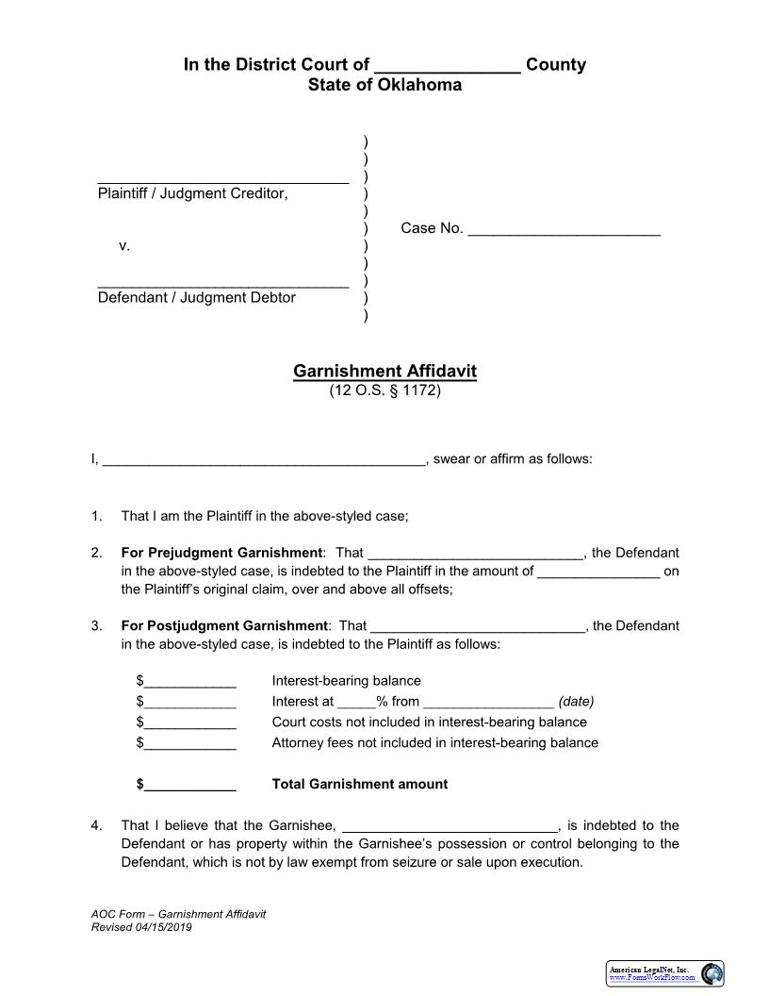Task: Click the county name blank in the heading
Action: [x=448, y=66]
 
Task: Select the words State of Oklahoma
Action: [x=384, y=85]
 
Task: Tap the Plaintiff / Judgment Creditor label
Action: [x=192, y=193]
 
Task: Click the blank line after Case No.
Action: [x=564, y=229]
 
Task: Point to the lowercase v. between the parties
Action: [x=124, y=245]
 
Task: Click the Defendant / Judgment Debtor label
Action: [x=197, y=298]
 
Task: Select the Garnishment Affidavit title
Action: [x=384, y=371]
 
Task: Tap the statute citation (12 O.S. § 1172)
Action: [x=384, y=390]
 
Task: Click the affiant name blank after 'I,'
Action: [x=263, y=460]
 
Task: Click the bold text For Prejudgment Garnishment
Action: [x=221, y=553]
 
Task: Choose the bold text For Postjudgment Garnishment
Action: [x=224, y=625]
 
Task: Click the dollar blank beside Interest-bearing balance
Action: [x=188, y=682]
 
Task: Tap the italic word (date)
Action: [x=576, y=702]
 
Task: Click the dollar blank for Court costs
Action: [x=188, y=723]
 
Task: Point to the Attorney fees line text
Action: [x=434, y=743]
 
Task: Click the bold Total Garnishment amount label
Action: [x=360, y=785]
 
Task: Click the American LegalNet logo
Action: [x=664, y=973]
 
